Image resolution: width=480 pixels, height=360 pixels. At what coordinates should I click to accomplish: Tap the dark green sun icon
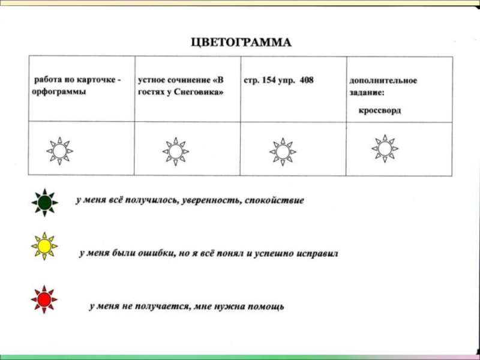click(x=44, y=203)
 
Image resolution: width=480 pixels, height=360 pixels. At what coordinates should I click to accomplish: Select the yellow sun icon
click(x=44, y=246)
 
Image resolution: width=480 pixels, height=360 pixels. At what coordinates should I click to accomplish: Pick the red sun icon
click(x=44, y=298)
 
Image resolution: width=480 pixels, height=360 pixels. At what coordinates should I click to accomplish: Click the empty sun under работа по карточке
click(x=59, y=151)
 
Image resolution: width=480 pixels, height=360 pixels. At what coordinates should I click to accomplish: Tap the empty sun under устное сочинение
click(x=175, y=151)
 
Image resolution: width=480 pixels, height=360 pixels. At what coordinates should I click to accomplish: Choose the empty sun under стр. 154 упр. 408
click(x=282, y=152)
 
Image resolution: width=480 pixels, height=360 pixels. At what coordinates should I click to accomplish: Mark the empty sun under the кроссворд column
click(x=385, y=148)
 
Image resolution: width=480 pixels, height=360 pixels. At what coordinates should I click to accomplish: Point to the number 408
click(x=306, y=80)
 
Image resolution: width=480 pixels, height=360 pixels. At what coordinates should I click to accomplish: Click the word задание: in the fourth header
click(x=367, y=93)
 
